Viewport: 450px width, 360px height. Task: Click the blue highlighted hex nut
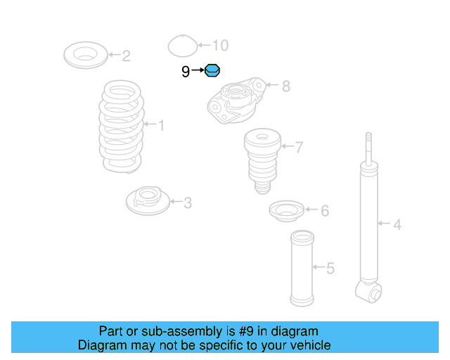pyautogui.click(x=212, y=70)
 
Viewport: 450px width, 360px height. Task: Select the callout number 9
pyautogui.click(x=186, y=71)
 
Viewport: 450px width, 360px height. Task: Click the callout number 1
pyautogui.click(x=161, y=125)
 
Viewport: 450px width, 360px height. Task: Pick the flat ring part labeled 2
pyautogui.click(x=84, y=55)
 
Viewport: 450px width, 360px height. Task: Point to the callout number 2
pyautogui.click(x=126, y=56)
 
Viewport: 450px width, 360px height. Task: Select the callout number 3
pyautogui.click(x=187, y=203)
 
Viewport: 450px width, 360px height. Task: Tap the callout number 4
pyautogui.click(x=397, y=225)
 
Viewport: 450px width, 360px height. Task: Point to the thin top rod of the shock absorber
pyautogui.click(x=367, y=148)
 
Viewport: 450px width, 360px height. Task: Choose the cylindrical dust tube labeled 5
pyautogui.click(x=301, y=268)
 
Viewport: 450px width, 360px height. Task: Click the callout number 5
pyautogui.click(x=330, y=268)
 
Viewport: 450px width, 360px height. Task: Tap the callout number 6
pyautogui.click(x=324, y=210)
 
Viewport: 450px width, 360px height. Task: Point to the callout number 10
pyautogui.click(x=220, y=46)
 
